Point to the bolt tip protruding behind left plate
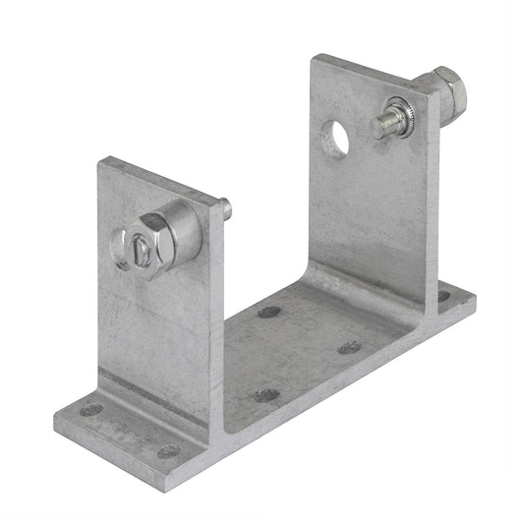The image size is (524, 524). coord(225,208)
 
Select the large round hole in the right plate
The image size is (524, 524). coord(334,140)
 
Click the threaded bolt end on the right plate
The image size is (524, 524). coord(384,124)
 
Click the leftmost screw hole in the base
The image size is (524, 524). coord(91,409)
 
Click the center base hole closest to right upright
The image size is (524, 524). coord(349,347)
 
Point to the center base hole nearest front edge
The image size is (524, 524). coord(266,395)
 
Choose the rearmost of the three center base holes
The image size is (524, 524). coord(268,312)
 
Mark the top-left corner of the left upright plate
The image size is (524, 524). coord(99,160)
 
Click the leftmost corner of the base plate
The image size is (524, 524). coord(56,419)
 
